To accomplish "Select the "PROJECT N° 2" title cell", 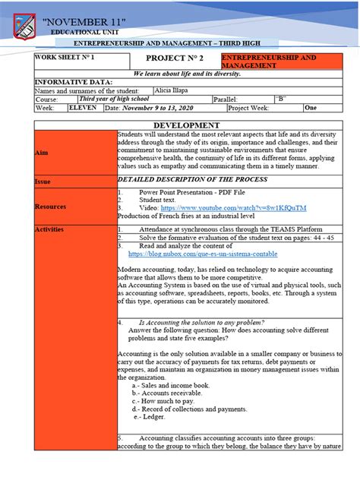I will (174, 60).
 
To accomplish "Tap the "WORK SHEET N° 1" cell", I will (65, 58).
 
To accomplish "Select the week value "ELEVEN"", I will (82, 108).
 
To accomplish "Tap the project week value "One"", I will (311, 108).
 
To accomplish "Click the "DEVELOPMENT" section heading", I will (186, 125).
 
